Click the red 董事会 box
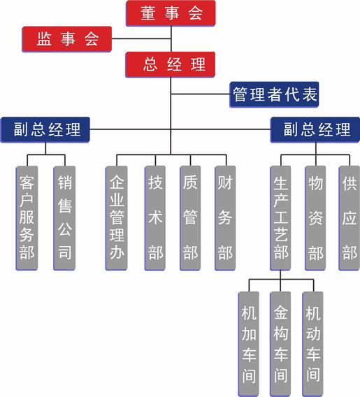tap(171, 13)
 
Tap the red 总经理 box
tap(171, 64)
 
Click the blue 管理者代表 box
tap(274, 95)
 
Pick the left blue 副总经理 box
tap(46, 129)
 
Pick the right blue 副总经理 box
tap(316, 129)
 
